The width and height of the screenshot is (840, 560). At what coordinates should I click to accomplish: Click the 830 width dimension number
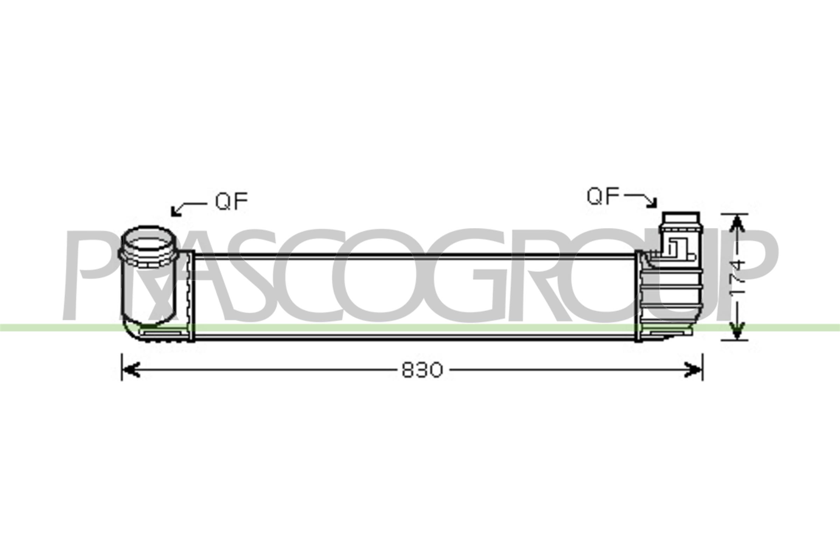point(422,370)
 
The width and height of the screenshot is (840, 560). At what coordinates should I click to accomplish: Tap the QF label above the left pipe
point(231,202)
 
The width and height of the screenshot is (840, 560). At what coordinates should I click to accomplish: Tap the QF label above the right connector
point(603,196)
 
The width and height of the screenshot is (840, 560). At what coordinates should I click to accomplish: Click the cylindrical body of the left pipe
point(148,293)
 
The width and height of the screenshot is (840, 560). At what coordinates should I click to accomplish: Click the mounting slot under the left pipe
point(162,334)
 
